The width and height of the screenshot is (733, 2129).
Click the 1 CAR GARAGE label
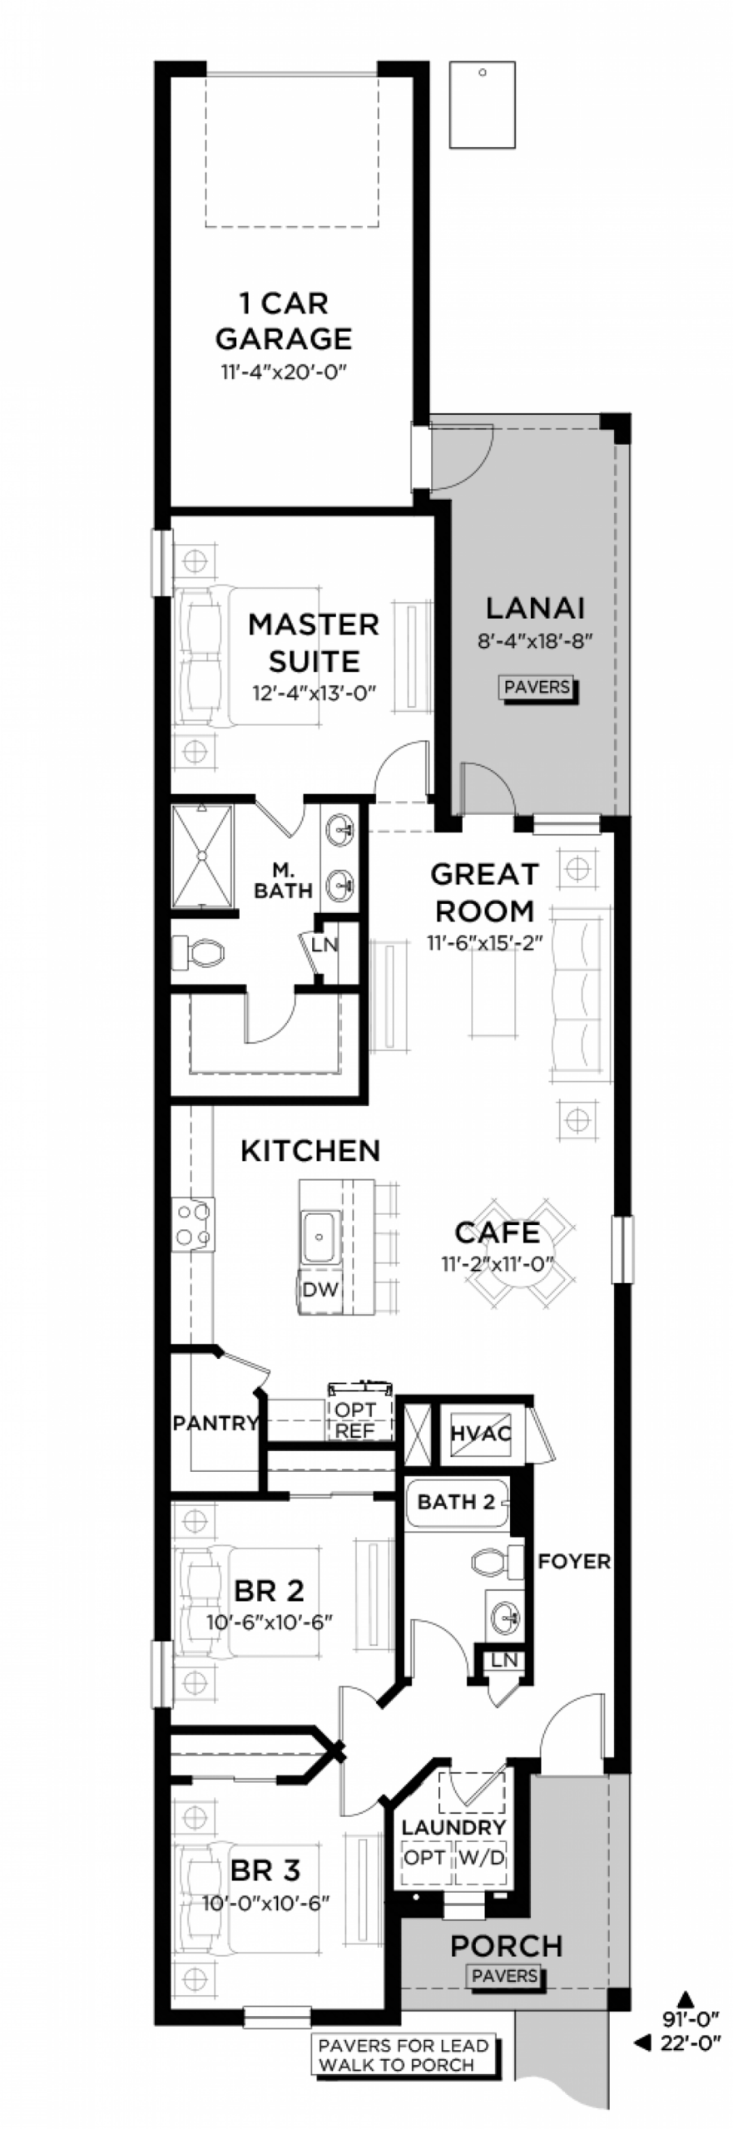pos(283,321)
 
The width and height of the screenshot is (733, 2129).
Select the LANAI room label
pos(535,609)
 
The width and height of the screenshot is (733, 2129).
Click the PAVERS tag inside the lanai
pos(537,687)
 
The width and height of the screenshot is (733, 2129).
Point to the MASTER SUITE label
pos(314,642)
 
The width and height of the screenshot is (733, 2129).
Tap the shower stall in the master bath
pos(203,855)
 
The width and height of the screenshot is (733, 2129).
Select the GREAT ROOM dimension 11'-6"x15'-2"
pos(484,943)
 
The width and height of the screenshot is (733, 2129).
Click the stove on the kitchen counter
pos(192,1223)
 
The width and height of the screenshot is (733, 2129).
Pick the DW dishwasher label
pos(320,1289)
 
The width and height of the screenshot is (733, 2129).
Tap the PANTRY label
pos(215,1423)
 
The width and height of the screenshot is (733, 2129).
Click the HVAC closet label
pos(481,1433)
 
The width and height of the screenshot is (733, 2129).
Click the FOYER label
pos(573,1561)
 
